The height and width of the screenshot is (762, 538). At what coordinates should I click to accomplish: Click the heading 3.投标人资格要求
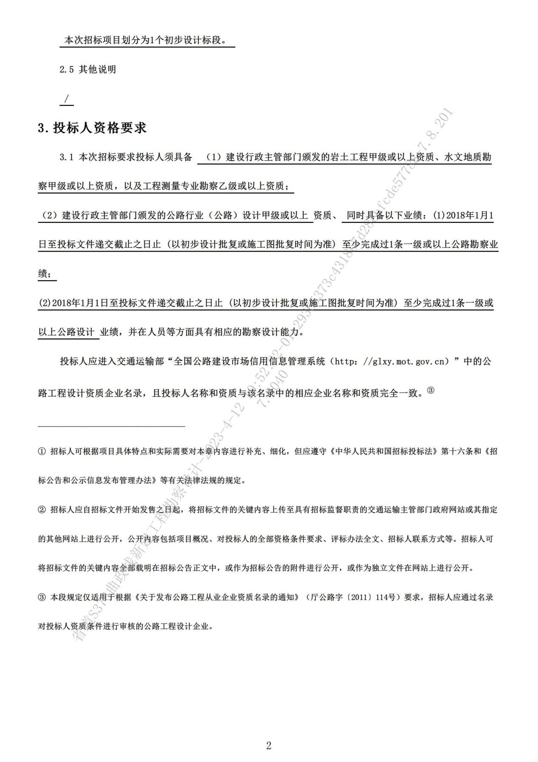coord(92,127)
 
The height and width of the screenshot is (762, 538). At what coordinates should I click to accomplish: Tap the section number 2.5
coord(67,70)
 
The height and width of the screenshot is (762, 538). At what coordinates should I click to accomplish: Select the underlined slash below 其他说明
coord(66,99)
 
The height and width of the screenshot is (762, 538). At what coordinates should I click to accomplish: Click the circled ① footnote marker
coord(42,451)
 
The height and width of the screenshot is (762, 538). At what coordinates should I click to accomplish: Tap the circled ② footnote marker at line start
coord(42,510)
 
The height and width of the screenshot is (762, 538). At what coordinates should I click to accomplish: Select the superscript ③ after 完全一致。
coord(431,390)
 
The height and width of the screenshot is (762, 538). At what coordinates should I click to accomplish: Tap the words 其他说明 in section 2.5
coord(97,70)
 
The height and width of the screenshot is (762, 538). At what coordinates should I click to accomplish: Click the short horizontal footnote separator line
coord(111,425)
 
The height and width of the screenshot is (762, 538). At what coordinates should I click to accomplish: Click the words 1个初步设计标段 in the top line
coord(187,41)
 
